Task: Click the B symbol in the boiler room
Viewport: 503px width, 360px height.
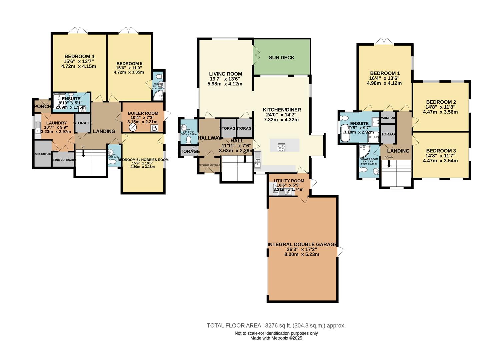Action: click(154, 128)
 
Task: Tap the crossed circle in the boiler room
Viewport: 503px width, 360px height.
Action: click(133, 128)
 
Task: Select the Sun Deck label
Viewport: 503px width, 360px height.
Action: click(282, 58)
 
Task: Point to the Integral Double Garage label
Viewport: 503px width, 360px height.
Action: click(302, 245)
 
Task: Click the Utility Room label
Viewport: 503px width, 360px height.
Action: click(289, 181)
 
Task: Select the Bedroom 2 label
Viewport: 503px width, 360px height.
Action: click(441, 102)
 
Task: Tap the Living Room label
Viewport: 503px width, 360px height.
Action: click(225, 74)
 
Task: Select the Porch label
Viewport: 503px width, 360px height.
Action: click(42, 106)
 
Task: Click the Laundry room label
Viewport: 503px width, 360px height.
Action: click(56, 123)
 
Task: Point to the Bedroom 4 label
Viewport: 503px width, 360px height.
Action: click(79, 56)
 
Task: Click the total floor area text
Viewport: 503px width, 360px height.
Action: click(276, 326)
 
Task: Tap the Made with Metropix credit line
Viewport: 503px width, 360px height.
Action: click(276, 338)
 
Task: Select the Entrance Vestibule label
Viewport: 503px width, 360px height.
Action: click(210, 165)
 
